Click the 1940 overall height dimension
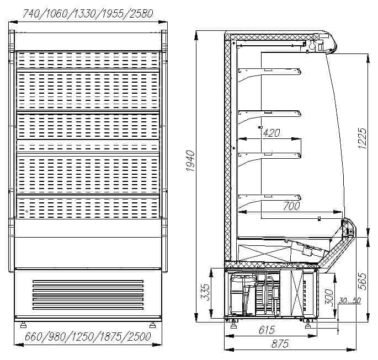point(190,161)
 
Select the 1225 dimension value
point(362,138)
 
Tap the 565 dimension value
point(362,281)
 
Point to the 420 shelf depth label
point(271,133)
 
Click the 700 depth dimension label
point(291,206)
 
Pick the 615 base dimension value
point(267,330)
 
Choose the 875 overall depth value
point(280,344)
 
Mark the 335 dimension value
point(205,292)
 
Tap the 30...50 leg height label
point(350,300)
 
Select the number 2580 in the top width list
point(141,14)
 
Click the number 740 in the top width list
point(31,14)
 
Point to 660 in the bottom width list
point(33,337)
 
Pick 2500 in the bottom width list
point(140,337)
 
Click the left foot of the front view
point(23,325)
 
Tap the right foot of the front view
point(153,325)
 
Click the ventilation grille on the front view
point(88,295)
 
